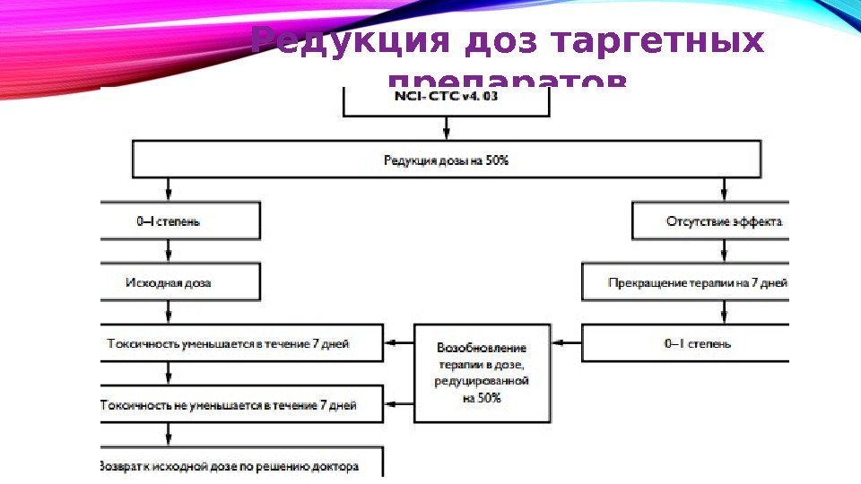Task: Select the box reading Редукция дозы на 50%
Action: (446, 160)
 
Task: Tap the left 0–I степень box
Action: (180, 220)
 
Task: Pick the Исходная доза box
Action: (180, 281)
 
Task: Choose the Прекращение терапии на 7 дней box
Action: (686, 281)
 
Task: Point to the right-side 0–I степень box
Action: (686, 342)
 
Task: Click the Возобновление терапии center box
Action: (482, 373)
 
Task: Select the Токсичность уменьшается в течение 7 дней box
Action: (241, 342)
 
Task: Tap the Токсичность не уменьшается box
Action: (241, 405)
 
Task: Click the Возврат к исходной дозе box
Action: (241, 465)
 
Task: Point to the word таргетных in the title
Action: (660, 41)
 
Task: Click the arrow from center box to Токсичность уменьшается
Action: (399, 342)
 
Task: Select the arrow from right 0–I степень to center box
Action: (568, 342)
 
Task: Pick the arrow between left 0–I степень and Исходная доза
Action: (169, 252)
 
